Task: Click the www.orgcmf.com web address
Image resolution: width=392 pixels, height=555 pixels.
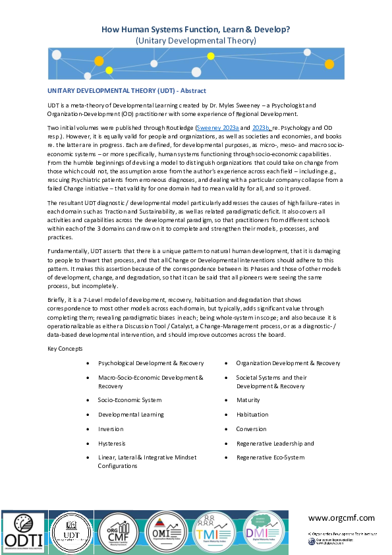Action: (341, 518)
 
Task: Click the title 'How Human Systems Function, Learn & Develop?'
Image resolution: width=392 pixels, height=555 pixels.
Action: (196, 30)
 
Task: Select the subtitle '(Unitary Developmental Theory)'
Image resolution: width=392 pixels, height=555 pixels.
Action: (196, 40)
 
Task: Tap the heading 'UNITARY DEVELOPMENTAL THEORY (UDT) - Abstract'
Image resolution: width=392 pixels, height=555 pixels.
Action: (126, 90)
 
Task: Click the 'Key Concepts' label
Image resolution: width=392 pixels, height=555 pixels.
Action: (65, 347)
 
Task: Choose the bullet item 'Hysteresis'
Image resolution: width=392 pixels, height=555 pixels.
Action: (112, 444)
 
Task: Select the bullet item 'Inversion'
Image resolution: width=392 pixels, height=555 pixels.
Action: (110, 429)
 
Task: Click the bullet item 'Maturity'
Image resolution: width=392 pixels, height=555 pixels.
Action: (248, 400)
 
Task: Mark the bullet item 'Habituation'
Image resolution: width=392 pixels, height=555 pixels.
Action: (252, 415)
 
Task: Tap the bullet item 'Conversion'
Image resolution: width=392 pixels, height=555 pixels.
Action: (252, 429)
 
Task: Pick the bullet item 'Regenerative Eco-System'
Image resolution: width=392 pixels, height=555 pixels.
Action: (269, 457)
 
